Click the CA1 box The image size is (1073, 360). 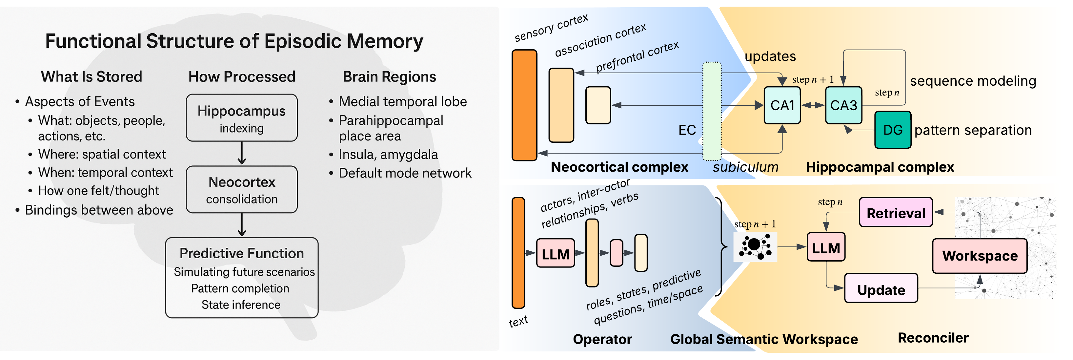(782, 105)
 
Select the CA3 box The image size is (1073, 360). (843, 105)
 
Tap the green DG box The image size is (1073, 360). (892, 130)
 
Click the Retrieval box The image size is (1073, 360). (896, 213)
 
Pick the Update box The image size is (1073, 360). (881, 288)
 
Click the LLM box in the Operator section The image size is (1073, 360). (555, 253)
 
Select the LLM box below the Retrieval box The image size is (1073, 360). (826, 247)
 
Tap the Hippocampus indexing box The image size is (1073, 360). (242, 118)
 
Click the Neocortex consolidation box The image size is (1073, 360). (242, 190)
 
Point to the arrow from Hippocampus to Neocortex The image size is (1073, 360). (242, 153)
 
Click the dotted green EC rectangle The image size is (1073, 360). (712, 111)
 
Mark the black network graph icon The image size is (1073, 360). (755, 247)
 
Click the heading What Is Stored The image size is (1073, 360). (91, 77)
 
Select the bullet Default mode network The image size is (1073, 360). (405, 173)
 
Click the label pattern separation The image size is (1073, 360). (973, 130)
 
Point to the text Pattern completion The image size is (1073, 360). (240, 288)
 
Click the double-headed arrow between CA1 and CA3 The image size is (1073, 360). (813, 105)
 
